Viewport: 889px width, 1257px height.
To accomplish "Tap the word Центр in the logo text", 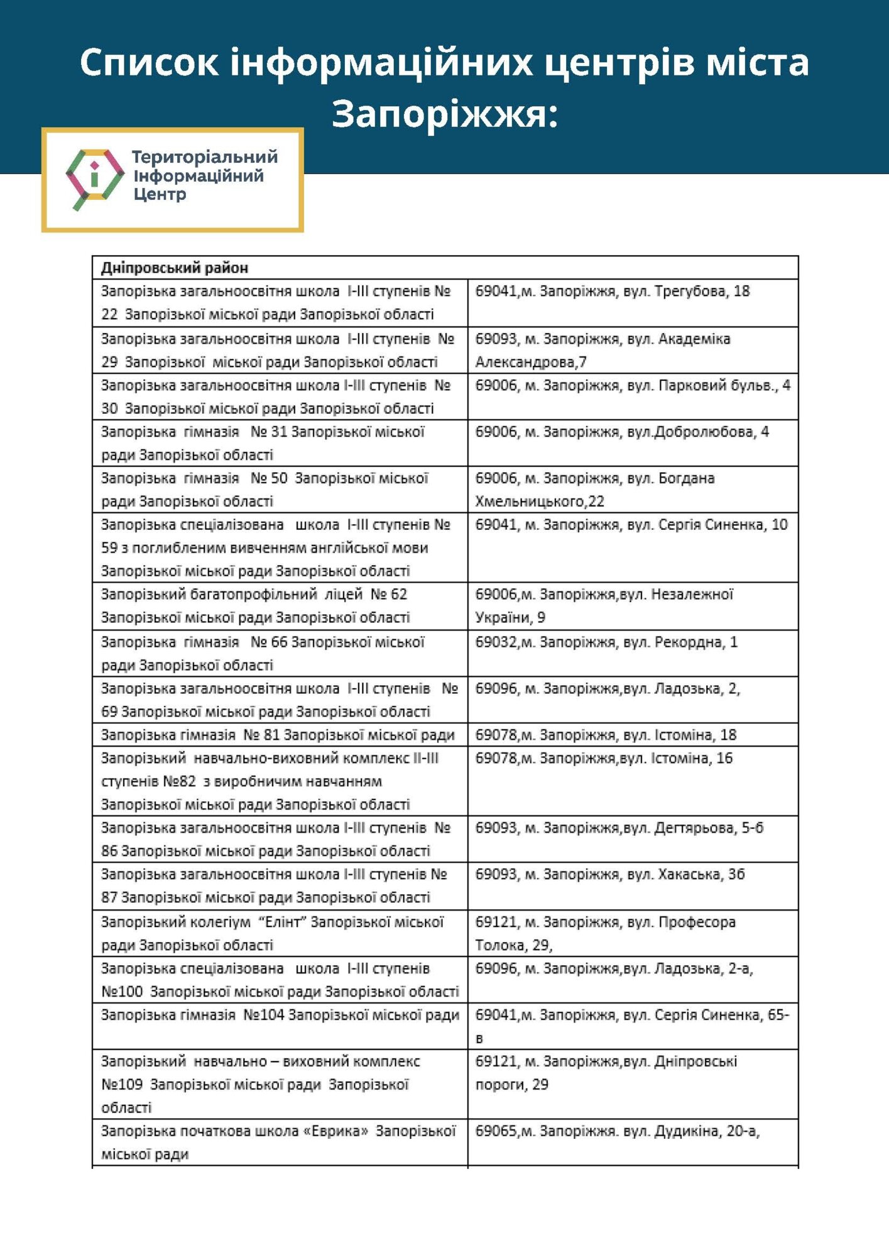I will click(x=160, y=195).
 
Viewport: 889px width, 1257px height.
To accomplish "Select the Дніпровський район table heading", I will click(x=175, y=268).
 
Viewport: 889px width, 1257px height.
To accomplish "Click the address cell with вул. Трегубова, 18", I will click(x=613, y=292).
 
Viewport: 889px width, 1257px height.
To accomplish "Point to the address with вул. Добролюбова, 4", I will click(x=622, y=432).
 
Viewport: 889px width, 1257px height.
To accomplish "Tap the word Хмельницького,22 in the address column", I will click(x=539, y=502).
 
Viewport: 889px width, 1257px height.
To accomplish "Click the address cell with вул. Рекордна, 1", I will click(x=606, y=642).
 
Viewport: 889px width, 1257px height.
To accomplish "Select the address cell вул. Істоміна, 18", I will click(x=606, y=735).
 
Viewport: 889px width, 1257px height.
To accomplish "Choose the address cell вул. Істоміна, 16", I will click(x=604, y=759).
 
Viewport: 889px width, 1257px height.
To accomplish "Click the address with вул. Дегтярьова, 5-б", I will click(x=619, y=828).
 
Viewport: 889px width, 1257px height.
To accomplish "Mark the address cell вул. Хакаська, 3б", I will click(x=609, y=875).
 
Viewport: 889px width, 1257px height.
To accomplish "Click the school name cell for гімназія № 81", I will click(x=278, y=735).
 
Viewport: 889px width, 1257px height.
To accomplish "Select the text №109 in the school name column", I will click(x=122, y=1085).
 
